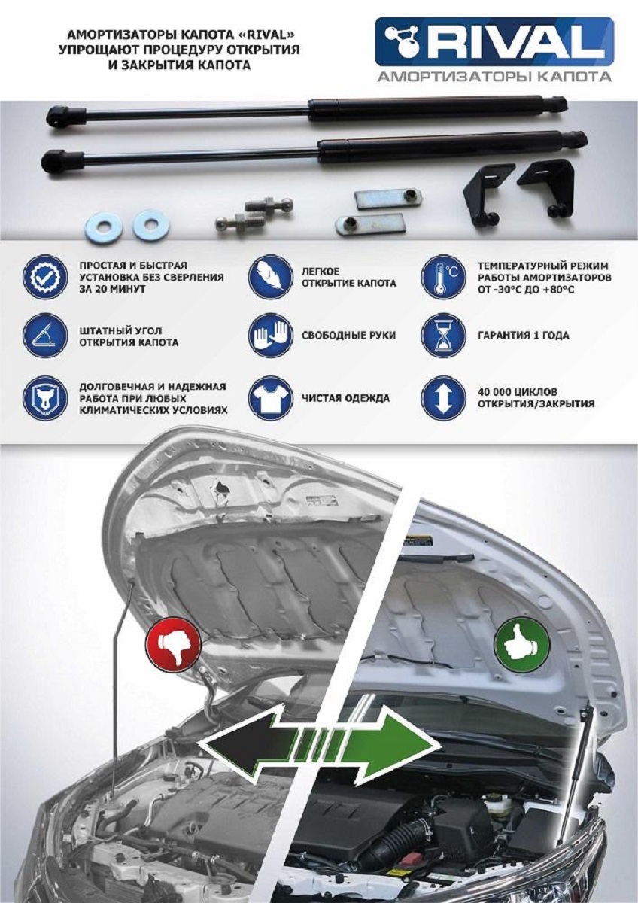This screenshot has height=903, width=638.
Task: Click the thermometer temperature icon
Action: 443,277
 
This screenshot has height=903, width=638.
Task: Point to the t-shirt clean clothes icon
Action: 270,398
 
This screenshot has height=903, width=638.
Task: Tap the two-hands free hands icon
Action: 270,336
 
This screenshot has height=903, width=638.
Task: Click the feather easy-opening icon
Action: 270,277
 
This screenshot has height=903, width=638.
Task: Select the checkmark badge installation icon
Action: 44,277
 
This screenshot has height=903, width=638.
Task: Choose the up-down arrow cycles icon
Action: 443,398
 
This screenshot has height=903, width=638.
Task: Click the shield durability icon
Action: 44,398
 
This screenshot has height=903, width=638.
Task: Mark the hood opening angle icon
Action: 44,336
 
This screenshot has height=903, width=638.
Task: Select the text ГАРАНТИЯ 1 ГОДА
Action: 524,336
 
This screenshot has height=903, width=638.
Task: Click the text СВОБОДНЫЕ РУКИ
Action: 348,336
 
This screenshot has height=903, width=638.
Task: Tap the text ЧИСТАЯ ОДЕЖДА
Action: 346,398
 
